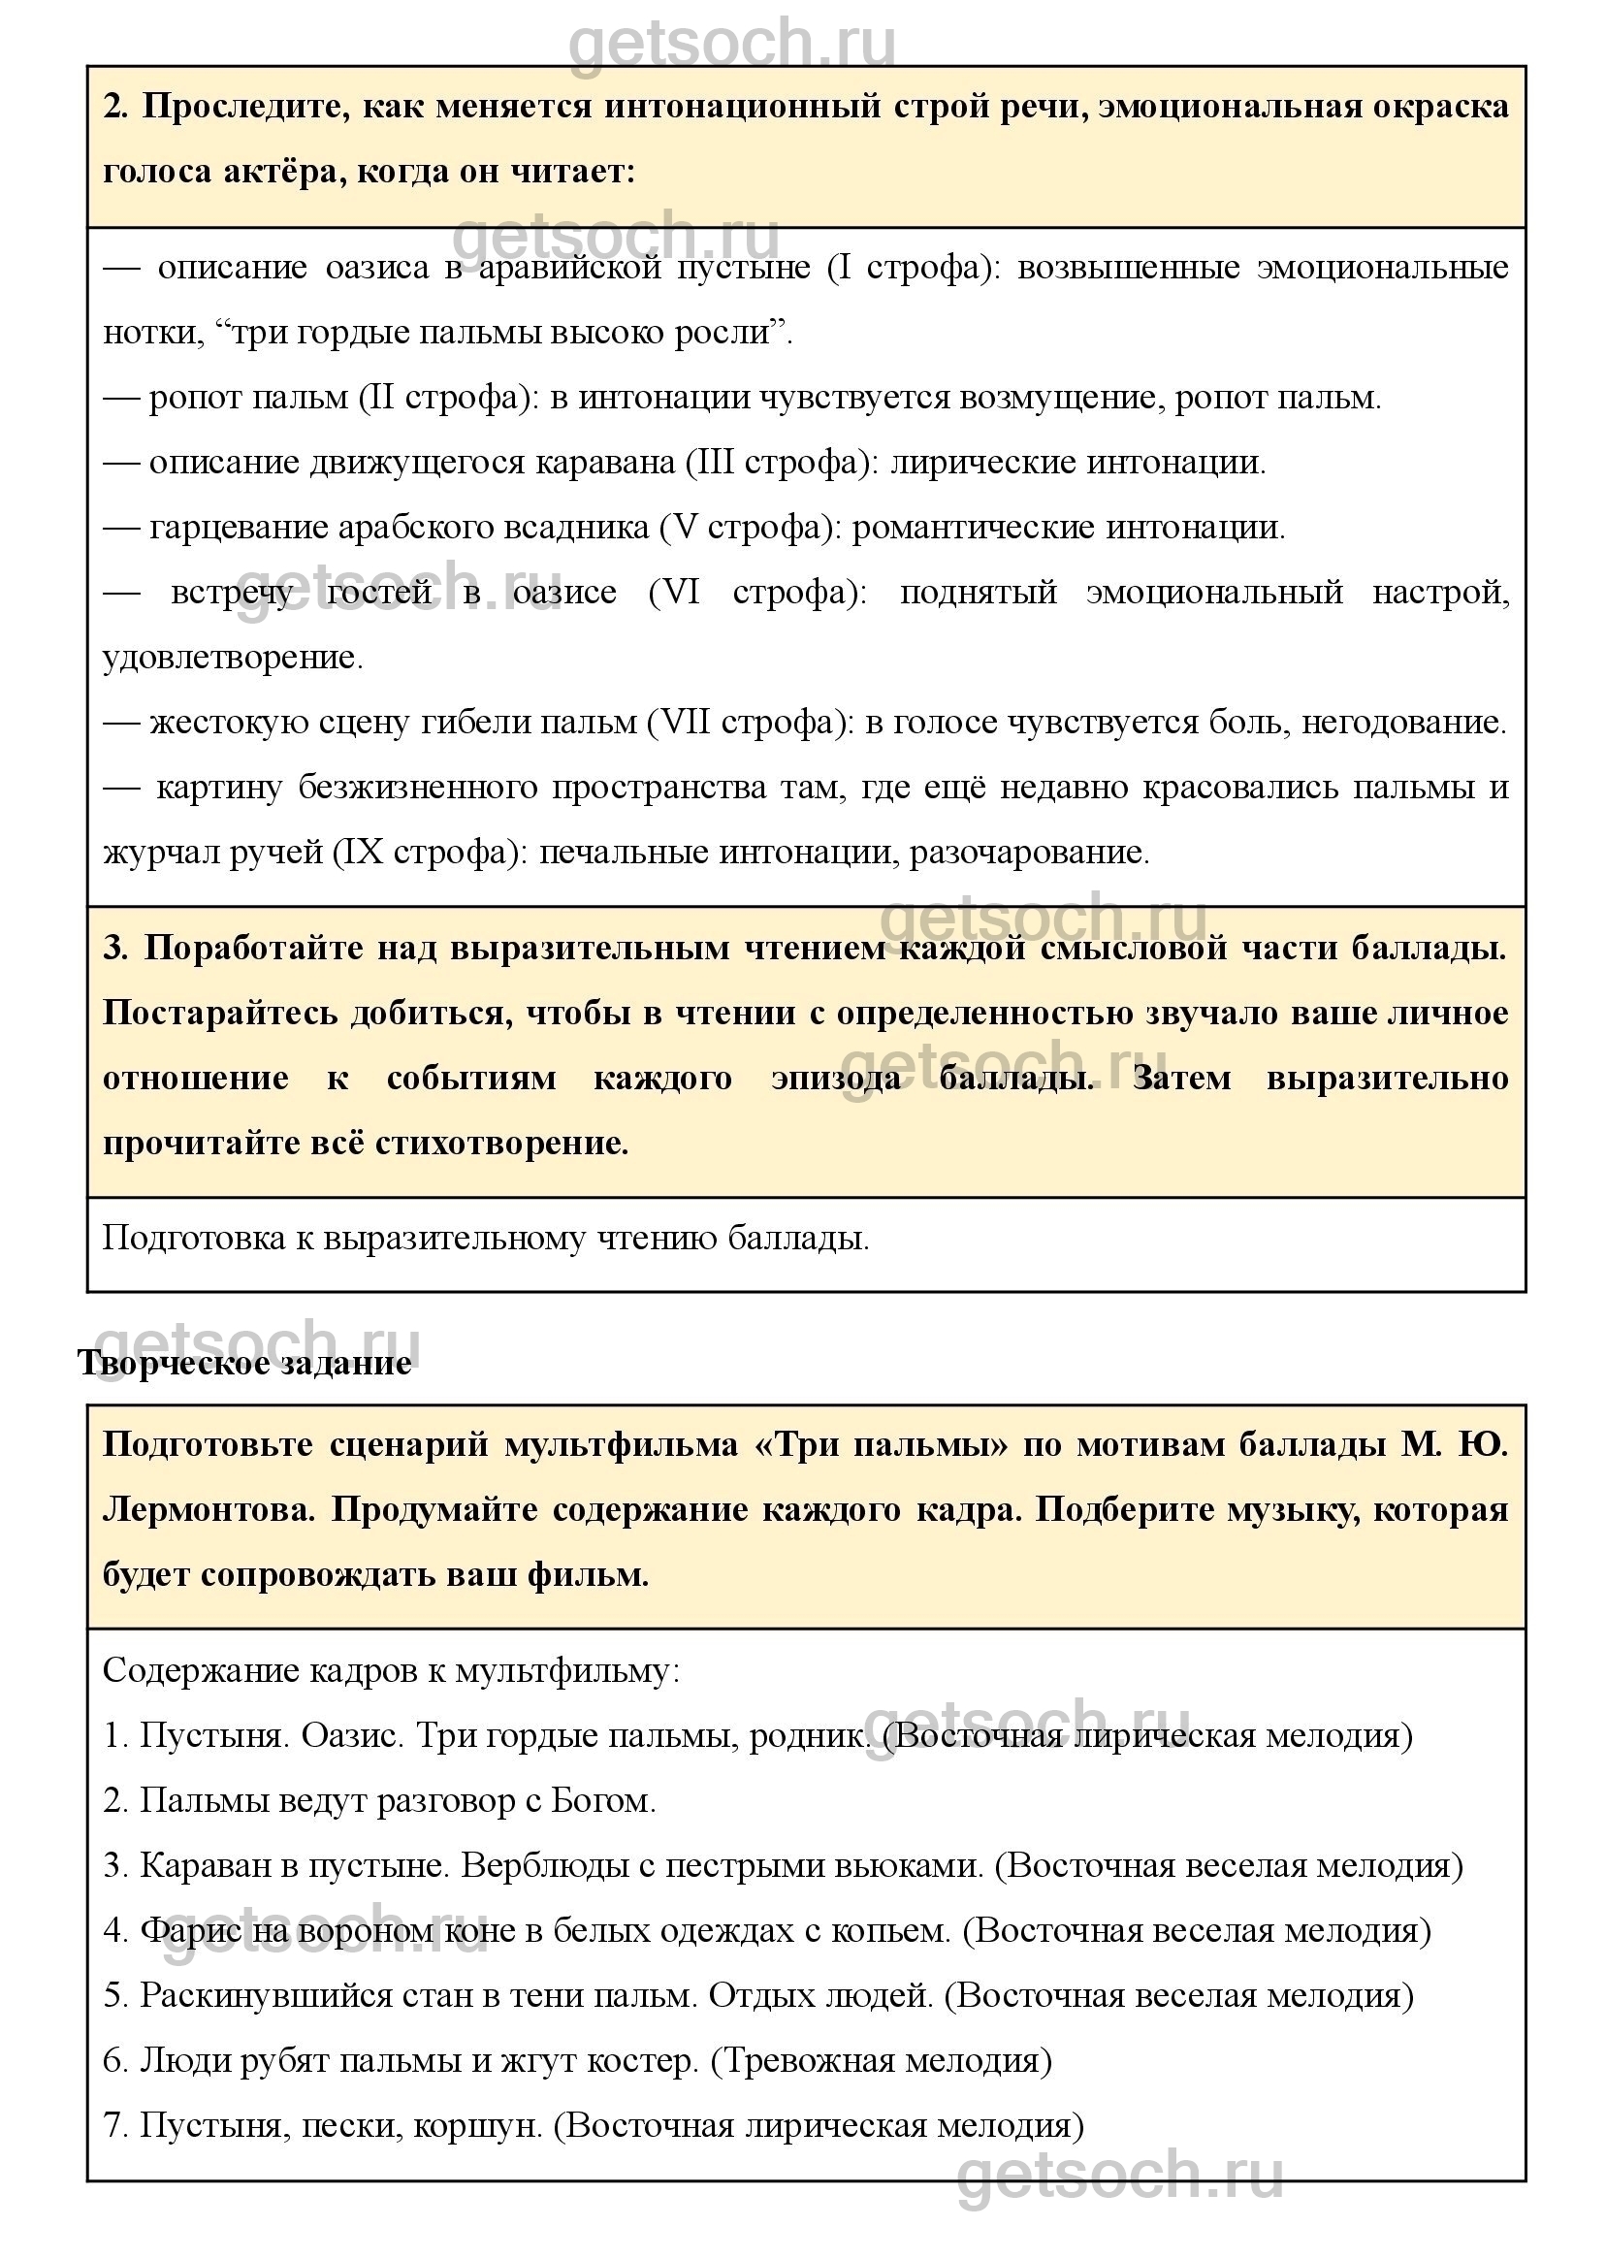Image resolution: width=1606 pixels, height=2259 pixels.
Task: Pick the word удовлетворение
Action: coord(233,658)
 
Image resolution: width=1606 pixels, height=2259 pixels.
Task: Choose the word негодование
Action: coord(1403,723)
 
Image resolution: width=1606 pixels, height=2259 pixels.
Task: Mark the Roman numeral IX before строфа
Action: coord(357,853)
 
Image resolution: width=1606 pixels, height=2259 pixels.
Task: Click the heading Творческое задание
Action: coord(244,1363)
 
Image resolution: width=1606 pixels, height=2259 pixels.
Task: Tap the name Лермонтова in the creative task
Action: coord(208,1510)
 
